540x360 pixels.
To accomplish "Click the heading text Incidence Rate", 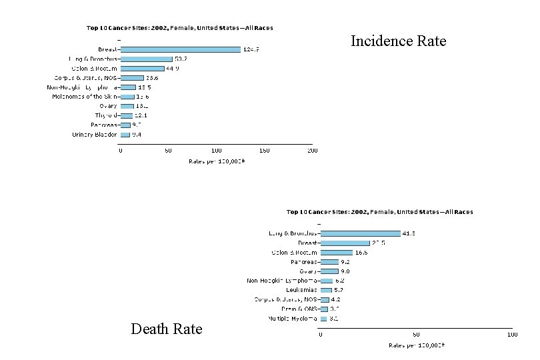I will (398, 42).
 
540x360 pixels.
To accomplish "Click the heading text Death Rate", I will (167, 329).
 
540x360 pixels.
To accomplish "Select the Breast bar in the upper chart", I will (180, 49).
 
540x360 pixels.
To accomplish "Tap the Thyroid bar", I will (126, 115).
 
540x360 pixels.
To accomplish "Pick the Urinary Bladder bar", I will (125, 135).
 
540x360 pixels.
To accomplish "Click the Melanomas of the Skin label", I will (85, 97).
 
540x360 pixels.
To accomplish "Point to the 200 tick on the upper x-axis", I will (312, 151).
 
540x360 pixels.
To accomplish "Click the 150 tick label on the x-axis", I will (264, 151).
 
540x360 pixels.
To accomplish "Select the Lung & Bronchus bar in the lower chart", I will (360, 233).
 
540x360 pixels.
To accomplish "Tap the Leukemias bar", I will (326, 290).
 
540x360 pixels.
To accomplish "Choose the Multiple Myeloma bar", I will (324, 319).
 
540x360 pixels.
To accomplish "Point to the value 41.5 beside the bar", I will (409, 233).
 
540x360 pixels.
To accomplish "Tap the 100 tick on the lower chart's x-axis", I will (512, 335).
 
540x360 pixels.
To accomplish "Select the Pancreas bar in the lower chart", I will (329, 262).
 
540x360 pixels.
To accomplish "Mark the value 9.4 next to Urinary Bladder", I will (136, 135).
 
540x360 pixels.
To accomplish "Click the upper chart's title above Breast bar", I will (179, 28).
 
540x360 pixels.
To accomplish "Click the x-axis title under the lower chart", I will (417, 346).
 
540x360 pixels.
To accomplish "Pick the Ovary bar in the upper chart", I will (127, 106).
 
